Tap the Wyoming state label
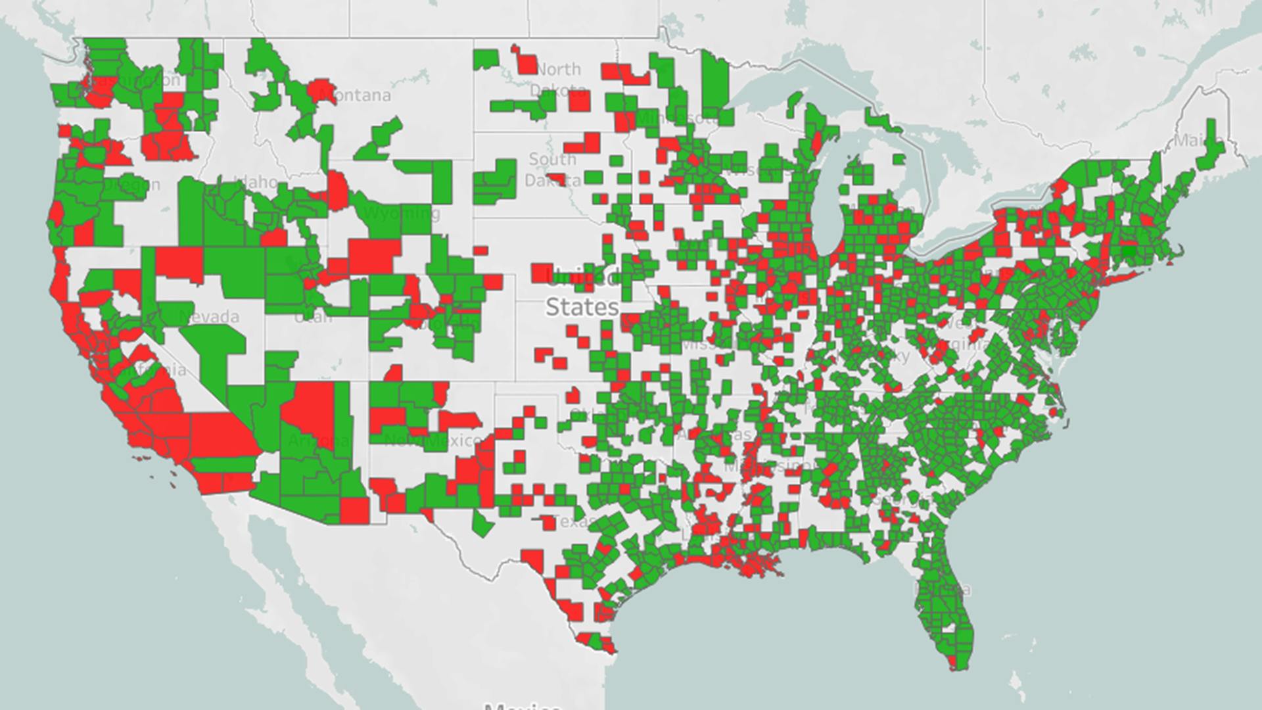pyautogui.click(x=401, y=214)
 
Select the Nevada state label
pyautogui.click(x=209, y=317)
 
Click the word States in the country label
pyautogui.click(x=582, y=307)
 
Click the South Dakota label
pyautogui.click(x=552, y=169)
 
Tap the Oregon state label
pyautogui.click(x=131, y=185)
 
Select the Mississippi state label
pyautogui.click(x=762, y=467)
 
